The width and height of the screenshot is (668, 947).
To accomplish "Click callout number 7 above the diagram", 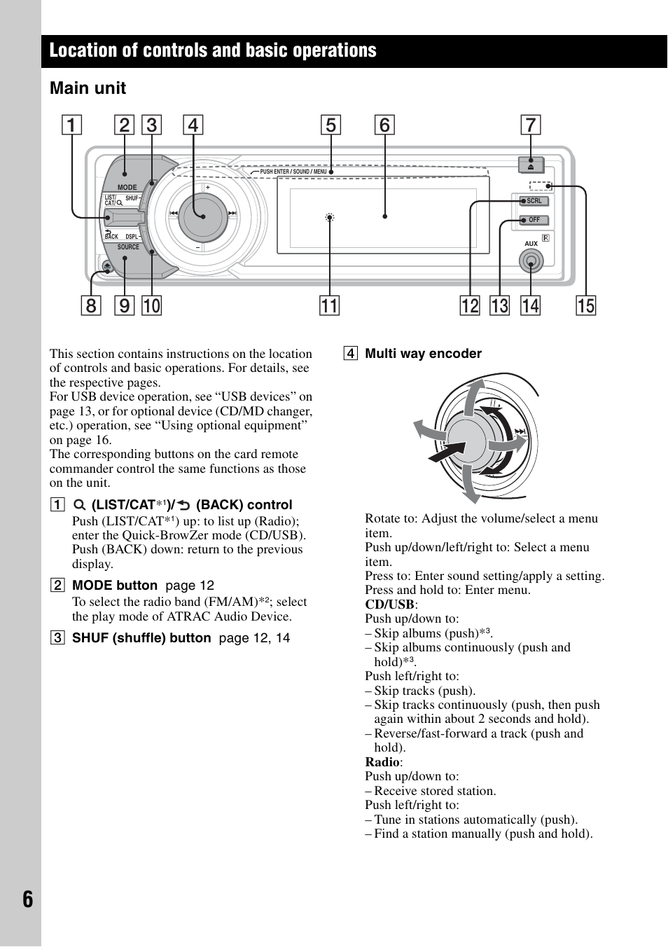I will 531,125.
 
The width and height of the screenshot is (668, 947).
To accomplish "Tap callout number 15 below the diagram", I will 586,305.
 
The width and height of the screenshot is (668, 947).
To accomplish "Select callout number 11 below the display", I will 329,305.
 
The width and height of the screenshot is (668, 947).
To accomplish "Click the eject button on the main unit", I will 531,165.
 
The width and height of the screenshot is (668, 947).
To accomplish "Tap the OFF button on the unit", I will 534,220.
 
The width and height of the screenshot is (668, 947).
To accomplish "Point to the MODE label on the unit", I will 127,187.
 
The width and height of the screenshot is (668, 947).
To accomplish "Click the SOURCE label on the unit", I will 128,247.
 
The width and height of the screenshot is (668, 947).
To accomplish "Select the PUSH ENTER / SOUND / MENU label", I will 293,172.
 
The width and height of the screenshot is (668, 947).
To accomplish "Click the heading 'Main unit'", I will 88,88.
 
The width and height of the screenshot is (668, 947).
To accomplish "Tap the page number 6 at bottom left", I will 27,899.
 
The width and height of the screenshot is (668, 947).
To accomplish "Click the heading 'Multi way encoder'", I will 423,354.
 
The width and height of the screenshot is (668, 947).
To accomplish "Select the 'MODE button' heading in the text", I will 115,586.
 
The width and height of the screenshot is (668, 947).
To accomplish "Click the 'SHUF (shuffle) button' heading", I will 141,638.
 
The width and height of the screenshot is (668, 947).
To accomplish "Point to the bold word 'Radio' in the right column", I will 382,762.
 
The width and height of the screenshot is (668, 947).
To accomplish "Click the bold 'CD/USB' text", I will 389,604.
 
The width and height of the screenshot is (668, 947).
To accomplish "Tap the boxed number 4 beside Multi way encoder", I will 349,354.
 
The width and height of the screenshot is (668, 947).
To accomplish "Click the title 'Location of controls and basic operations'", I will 213,50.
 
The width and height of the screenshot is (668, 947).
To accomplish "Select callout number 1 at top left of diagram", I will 71,125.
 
